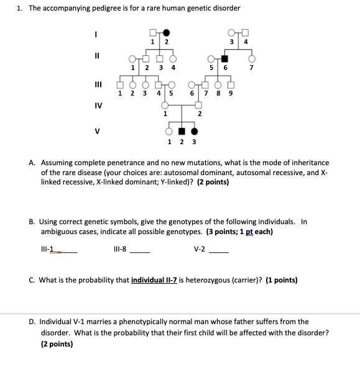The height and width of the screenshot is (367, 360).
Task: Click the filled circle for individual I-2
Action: [166, 33]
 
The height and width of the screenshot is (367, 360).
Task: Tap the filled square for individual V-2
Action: [182, 131]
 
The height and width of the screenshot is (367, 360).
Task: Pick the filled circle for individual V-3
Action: [194, 131]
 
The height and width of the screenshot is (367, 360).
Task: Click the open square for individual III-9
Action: [231, 85]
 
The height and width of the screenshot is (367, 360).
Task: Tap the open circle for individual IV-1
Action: [165, 106]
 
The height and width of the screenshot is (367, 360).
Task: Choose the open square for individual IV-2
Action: [200, 106]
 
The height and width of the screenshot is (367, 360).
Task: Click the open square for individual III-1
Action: [120, 85]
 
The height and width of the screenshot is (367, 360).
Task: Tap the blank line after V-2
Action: [219, 252]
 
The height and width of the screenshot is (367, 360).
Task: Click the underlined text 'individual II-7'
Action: [154, 280]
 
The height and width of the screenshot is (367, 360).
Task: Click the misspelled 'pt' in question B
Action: [252, 232]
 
